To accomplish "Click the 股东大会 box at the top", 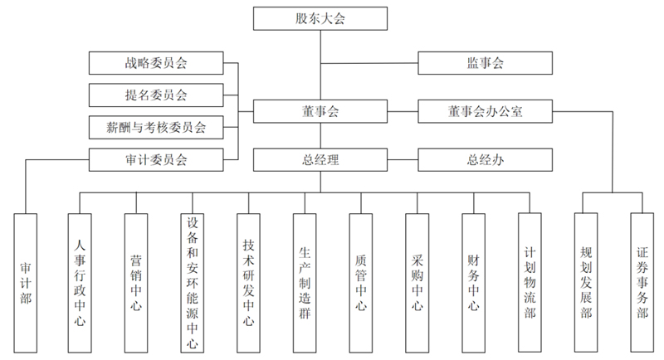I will pos(320,18).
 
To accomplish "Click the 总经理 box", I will pos(320,160).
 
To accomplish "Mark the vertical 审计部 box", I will pos(25,282).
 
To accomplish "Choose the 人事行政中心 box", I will pos(81,282).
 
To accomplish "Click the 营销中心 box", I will pos(136,282).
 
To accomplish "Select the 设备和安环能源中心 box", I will pos(193,282).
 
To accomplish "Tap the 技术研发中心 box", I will pos(248,282).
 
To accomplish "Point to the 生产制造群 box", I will pos(305,282).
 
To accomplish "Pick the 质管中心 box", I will pos(360,282).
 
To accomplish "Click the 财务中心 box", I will pos(473,282).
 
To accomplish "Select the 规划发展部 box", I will pos(586,282).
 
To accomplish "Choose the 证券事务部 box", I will pos(642,282).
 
